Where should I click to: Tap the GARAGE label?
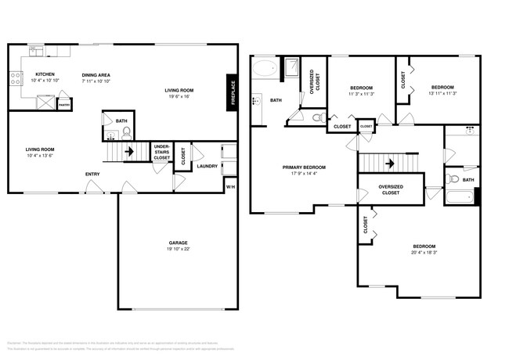[178, 243]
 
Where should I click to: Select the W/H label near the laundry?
[229, 187]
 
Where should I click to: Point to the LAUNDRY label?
[207, 166]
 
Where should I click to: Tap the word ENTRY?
[92, 174]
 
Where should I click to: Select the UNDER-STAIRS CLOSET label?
[161, 153]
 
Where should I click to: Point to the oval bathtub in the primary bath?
[265, 70]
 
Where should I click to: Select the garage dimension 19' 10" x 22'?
[178, 250]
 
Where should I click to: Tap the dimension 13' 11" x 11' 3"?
[442, 93]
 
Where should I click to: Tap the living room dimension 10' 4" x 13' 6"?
[41, 155]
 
